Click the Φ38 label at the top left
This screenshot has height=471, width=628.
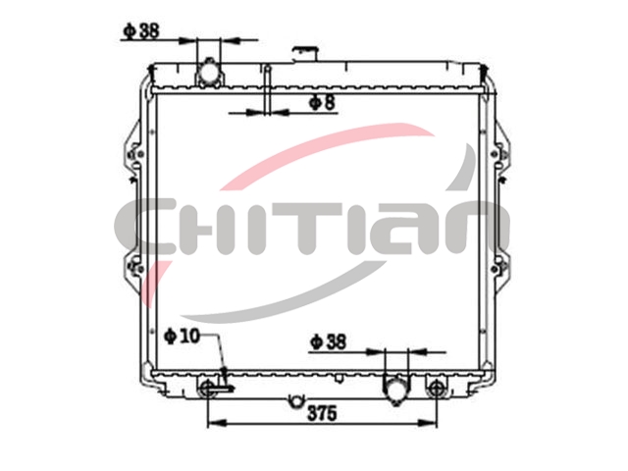[x=141, y=30]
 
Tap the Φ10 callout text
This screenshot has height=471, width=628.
[x=182, y=336]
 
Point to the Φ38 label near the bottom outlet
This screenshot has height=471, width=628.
[x=328, y=341]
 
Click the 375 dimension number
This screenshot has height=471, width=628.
[x=322, y=413]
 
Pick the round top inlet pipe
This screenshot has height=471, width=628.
[x=208, y=74]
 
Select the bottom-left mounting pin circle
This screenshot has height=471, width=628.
[x=207, y=388]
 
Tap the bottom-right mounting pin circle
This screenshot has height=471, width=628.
[x=436, y=388]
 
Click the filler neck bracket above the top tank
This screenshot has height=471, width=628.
[x=305, y=53]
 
